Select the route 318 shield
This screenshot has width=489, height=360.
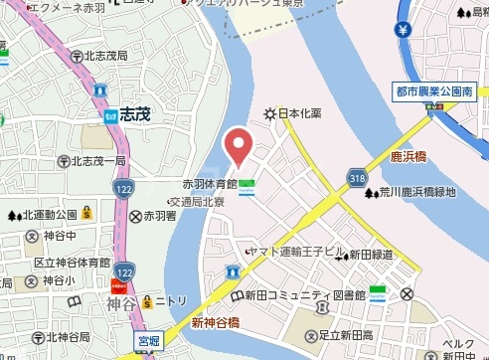point(358,177)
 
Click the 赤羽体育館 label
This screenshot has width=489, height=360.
point(209,184)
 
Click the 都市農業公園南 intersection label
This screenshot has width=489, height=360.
point(433,91)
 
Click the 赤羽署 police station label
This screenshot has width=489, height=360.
point(159,216)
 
